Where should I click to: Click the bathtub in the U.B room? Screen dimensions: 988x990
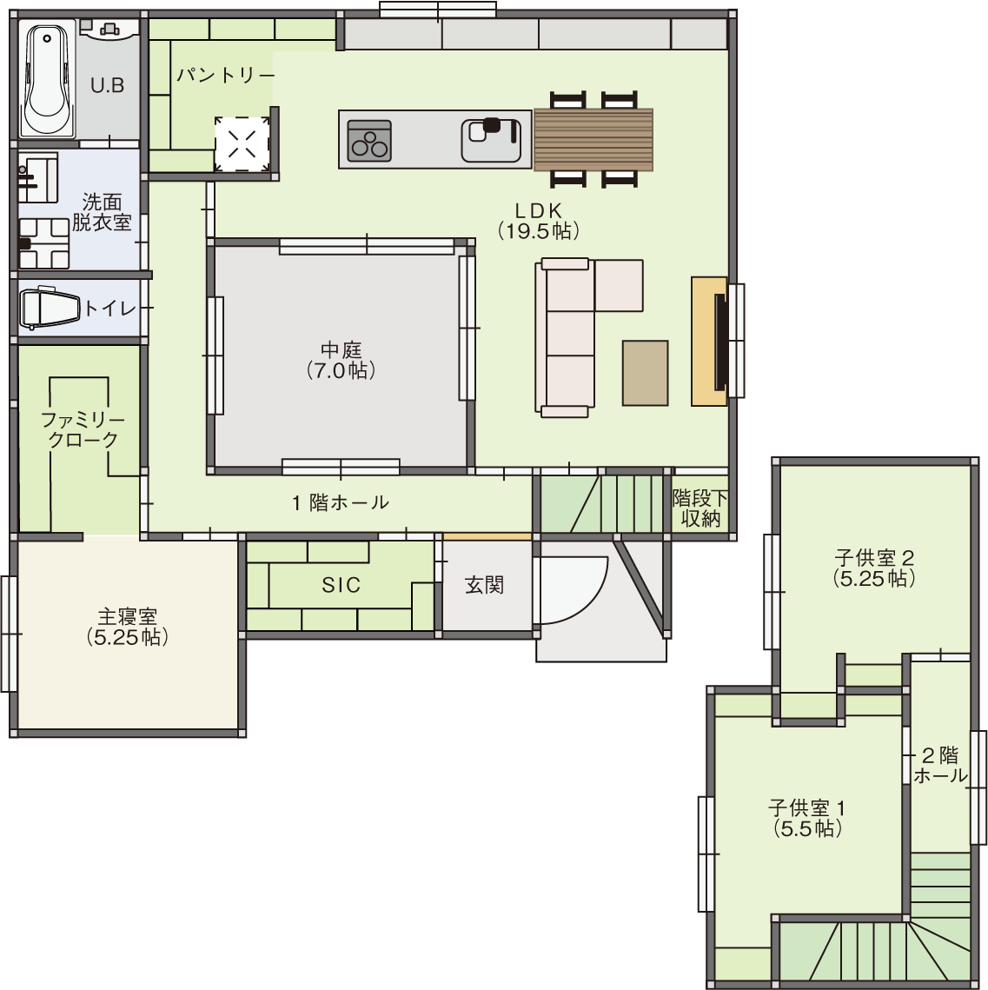click(47, 81)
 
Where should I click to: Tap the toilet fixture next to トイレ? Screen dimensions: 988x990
click(50, 309)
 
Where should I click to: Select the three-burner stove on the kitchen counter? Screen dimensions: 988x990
click(369, 140)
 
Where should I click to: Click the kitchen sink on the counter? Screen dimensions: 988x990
click(492, 140)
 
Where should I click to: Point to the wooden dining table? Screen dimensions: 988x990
click(593, 140)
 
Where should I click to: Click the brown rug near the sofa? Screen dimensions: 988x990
click(646, 373)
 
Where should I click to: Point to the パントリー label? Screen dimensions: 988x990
click(225, 75)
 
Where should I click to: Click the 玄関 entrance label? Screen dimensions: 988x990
click(484, 585)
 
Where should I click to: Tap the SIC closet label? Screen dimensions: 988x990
click(341, 585)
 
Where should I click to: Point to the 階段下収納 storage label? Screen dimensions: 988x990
click(700, 508)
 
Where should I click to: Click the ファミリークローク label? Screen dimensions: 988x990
click(83, 429)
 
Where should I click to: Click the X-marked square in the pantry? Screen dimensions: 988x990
click(242, 144)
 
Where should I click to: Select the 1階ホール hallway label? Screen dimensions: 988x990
click(341, 502)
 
